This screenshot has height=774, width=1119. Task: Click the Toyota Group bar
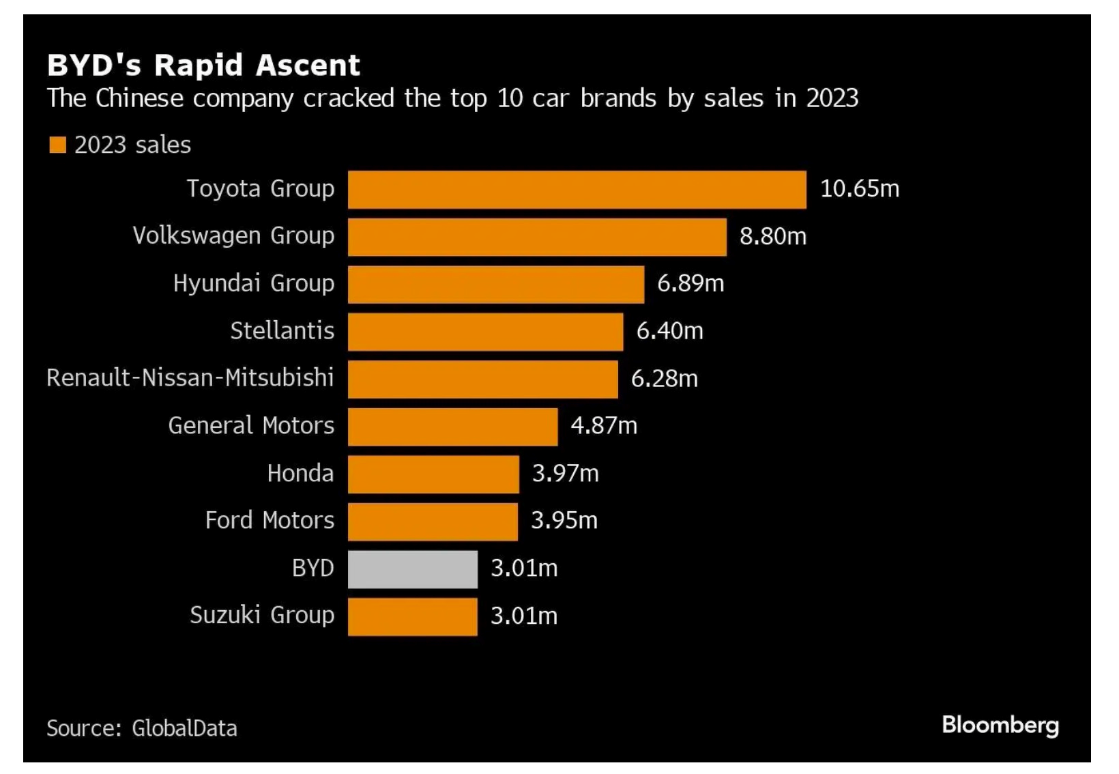point(577,189)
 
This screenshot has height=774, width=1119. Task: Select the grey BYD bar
point(412,569)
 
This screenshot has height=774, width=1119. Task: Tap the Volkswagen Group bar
point(537,237)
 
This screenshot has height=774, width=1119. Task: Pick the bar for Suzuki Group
point(412,616)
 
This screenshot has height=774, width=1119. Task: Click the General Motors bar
point(452,427)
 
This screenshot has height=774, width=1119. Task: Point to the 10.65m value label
point(859,188)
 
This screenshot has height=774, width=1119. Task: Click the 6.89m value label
point(690,283)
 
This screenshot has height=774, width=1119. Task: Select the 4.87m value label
point(603,426)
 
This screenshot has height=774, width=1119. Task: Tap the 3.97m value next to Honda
point(565,474)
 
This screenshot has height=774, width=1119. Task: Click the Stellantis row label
point(282,331)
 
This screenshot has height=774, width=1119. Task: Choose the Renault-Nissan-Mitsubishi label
point(190,377)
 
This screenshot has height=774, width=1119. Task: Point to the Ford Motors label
point(270,521)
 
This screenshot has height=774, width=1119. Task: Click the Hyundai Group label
point(253,283)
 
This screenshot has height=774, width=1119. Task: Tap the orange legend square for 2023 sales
point(58,145)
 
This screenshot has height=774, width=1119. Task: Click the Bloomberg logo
point(1000,725)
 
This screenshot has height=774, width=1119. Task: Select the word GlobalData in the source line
point(184,728)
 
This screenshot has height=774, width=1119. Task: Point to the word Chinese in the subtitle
point(139,99)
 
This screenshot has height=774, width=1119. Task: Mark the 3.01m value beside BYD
point(523,569)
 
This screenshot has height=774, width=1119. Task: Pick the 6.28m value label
point(664,379)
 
